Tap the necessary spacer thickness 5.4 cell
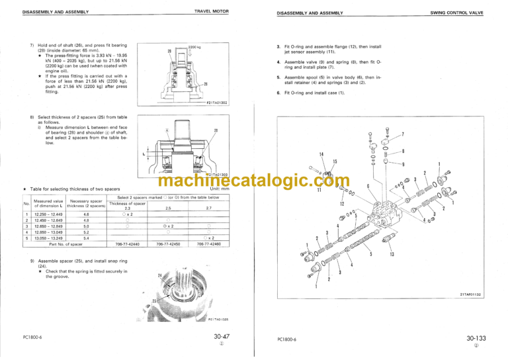[86, 238]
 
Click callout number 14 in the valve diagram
[321, 154]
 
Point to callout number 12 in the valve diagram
[342, 204]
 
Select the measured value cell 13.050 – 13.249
[47, 238]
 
